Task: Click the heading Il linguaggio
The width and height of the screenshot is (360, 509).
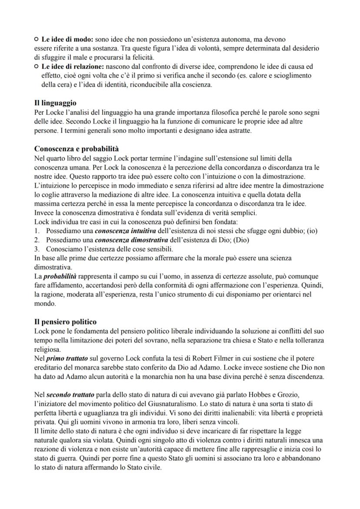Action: coord(55,103)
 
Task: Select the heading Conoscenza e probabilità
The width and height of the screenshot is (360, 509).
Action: coord(77,149)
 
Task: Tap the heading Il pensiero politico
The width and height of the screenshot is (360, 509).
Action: coord(65,322)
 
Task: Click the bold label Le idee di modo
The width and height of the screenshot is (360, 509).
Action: coord(67,40)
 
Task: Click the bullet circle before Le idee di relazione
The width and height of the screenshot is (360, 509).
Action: coord(36,67)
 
